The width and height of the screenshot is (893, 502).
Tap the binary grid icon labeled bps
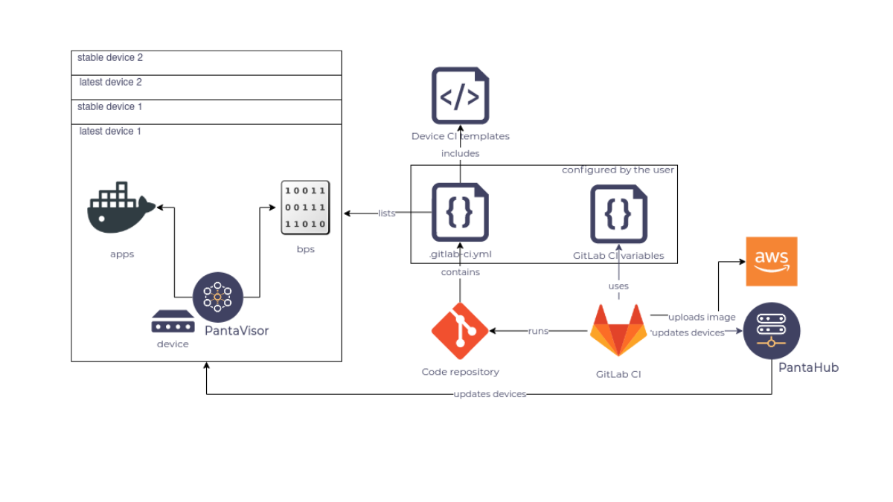pyautogui.click(x=305, y=207)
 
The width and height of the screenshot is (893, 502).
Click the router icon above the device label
pyautogui.click(x=173, y=322)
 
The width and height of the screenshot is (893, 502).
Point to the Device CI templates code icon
pyautogui.click(x=460, y=95)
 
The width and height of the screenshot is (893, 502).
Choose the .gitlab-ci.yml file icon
pyautogui.click(x=460, y=213)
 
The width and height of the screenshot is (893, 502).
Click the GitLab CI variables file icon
pyautogui.click(x=618, y=213)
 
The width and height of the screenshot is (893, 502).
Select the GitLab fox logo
pyautogui.click(x=618, y=331)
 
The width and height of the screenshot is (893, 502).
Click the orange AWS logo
pyautogui.click(x=772, y=261)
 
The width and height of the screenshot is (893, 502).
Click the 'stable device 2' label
pyautogui.click(x=109, y=57)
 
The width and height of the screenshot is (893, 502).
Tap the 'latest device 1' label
pyautogui.click(x=110, y=131)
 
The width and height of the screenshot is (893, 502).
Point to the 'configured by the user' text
pyautogui.click(x=618, y=170)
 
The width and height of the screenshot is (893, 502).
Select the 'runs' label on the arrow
pyautogui.click(x=538, y=331)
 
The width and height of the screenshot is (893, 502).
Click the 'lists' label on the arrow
pyautogui.click(x=386, y=213)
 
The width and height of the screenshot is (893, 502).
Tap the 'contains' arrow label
pyautogui.click(x=460, y=272)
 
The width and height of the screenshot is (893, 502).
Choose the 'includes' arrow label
pyautogui.click(x=460, y=153)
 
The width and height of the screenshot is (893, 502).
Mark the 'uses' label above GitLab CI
pyautogui.click(x=618, y=286)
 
